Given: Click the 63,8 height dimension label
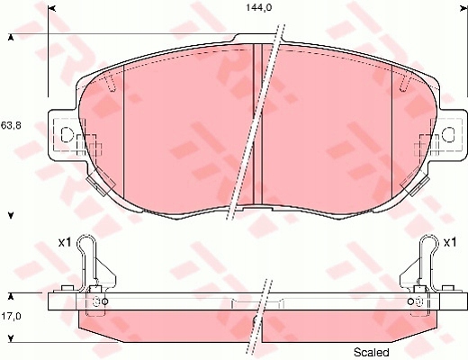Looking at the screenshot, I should click(12, 125).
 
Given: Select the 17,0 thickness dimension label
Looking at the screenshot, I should click(12, 317).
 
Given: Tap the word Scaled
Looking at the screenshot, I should click(372, 351).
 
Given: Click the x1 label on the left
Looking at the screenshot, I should click(65, 242).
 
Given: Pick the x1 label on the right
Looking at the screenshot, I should click(450, 242).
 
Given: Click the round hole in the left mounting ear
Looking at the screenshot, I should click(66, 136).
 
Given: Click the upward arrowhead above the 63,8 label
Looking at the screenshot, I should click(11, 38).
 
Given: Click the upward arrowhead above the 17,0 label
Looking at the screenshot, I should click(11, 294).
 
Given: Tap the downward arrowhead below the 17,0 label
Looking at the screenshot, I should click(11, 337).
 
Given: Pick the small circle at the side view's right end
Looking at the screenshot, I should click(410, 301).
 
